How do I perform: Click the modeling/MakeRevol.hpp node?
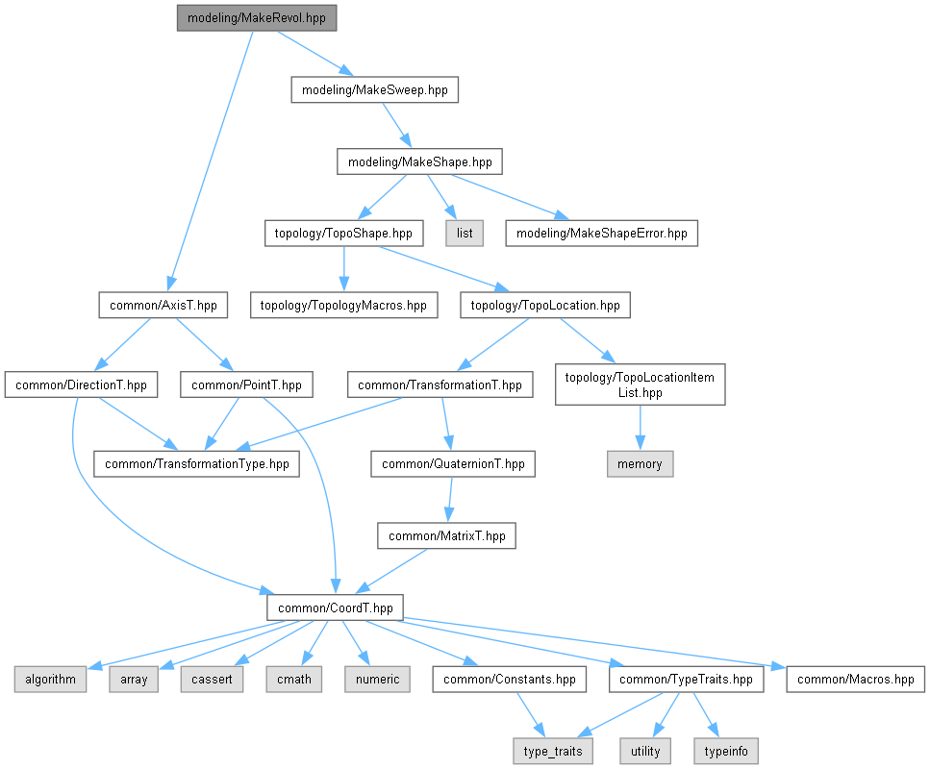257,18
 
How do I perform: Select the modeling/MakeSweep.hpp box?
375,90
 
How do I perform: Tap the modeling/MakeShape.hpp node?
420,161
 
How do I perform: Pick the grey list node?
465,234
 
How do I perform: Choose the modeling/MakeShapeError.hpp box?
601,234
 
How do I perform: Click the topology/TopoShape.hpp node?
344,234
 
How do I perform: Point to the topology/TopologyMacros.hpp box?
344,306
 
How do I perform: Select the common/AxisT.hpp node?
163,306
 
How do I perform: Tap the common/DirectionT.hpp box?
81,384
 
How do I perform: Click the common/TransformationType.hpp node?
196,463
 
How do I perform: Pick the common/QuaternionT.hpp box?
453,463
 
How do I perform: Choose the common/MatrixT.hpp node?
446,536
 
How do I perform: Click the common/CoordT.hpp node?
335,608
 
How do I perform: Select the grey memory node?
640,463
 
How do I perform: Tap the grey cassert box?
212,680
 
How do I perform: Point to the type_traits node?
553,751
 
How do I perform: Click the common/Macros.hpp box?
855,680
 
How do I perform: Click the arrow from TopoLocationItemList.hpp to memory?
640,428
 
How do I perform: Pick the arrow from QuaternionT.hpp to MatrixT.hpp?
449,500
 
